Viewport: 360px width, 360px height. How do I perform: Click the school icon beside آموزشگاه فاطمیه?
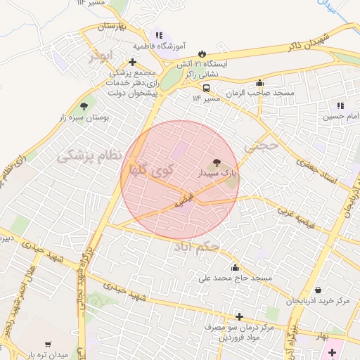pyautogui.click(x=159, y=35)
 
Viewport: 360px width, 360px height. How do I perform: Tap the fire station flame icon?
pyautogui.click(x=202, y=53)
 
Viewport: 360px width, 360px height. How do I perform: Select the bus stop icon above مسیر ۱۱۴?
pyautogui.click(x=206, y=89)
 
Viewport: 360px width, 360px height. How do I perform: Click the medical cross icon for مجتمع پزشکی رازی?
pyautogui.click(x=131, y=63)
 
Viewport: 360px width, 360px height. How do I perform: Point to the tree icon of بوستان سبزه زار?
pyautogui.click(x=84, y=106)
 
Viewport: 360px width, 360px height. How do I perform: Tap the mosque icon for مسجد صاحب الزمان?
pyautogui.click(x=260, y=83)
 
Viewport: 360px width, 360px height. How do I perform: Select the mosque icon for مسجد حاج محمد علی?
pyautogui.click(x=234, y=267)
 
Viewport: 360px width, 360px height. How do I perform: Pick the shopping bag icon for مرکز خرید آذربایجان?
pyautogui.click(x=318, y=290)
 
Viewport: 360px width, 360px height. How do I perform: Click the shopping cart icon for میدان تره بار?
pyautogui.click(x=48, y=345)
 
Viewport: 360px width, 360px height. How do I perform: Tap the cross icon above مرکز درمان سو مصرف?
pyautogui.click(x=240, y=316)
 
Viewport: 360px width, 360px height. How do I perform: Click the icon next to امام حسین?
pyautogui.click(x=340, y=106)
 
